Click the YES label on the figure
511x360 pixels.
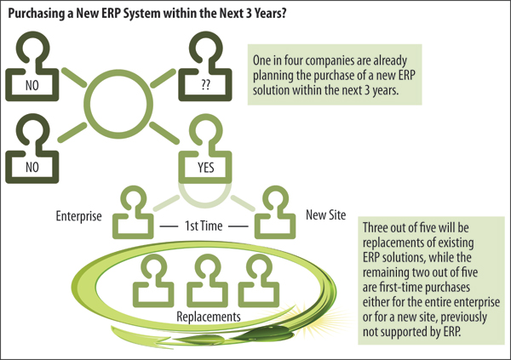(x=205, y=168)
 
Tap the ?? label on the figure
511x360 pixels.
(x=205, y=85)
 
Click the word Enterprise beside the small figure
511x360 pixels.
(x=78, y=216)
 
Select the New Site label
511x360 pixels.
(x=325, y=215)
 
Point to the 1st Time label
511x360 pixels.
(x=204, y=226)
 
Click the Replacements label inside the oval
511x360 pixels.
(x=209, y=317)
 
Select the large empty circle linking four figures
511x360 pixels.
(x=118, y=104)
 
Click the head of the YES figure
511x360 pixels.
(x=205, y=130)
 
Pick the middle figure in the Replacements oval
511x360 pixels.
(x=207, y=281)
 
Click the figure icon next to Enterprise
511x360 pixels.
(x=133, y=213)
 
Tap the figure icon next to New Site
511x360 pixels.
(x=275, y=213)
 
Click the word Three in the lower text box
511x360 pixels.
(x=375, y=227)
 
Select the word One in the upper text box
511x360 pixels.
(x=261, y=60)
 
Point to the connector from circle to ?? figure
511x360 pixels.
(x=163, y=78)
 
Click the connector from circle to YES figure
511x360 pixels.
(x=164, y=133)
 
